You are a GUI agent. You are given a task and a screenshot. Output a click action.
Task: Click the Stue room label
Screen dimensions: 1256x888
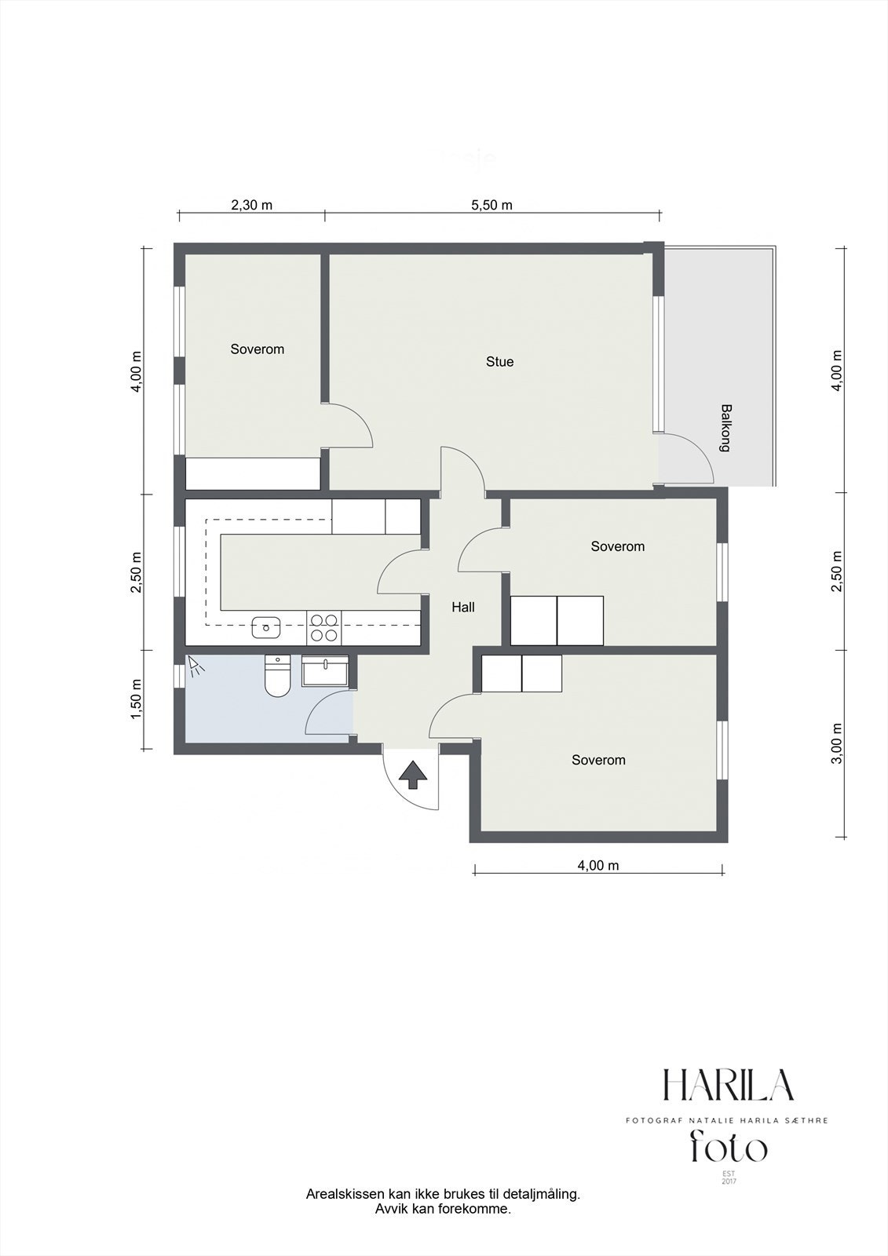(499, 362)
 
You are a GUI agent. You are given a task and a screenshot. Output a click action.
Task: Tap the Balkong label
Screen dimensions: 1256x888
(726, 428)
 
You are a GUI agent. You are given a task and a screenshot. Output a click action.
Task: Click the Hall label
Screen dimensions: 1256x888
(463, 607)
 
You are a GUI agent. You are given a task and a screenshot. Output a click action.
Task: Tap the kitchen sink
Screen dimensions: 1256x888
(266, 626)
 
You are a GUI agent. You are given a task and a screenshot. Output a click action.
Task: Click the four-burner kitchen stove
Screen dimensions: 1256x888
(323, 626)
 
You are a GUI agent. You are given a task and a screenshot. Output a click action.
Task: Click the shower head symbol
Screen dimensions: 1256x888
(195, 667)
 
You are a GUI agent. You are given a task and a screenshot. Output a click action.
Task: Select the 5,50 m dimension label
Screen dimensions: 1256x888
(492, 206)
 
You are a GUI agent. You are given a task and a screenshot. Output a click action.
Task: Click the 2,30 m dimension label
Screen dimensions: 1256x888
(251, 206)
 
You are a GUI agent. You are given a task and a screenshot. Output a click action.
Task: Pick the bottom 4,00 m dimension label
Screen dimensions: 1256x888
(598, 866)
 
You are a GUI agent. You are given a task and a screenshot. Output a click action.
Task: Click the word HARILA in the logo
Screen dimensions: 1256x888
(729, 1086)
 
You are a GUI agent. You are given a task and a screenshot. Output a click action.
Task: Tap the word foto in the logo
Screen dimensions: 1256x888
(729, 1148)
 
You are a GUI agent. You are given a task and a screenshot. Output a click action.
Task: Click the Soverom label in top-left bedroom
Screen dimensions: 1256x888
(257, 349)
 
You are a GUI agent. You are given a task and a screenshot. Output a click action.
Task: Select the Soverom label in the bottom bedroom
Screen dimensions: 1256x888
(598, 760)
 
